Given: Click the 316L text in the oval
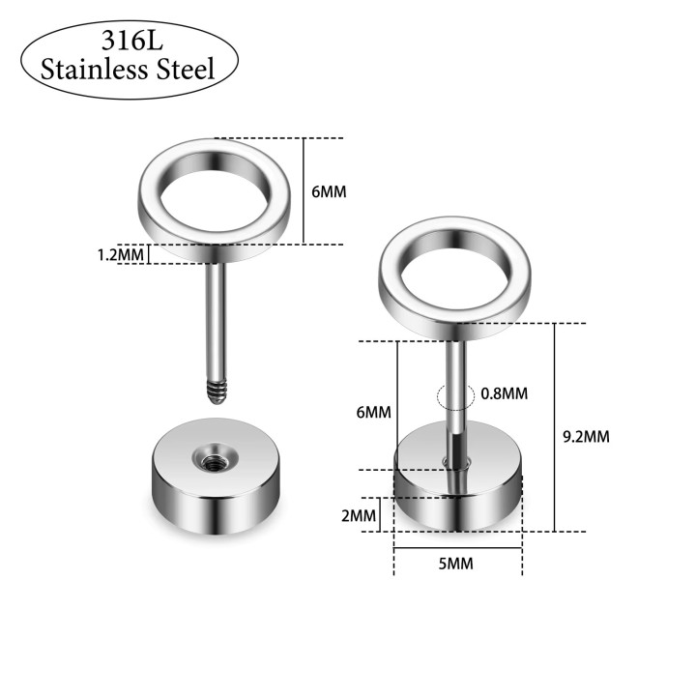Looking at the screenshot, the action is coord(132,41).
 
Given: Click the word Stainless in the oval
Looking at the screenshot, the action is coord(94,69).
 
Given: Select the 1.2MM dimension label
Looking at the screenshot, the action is coord(120,255).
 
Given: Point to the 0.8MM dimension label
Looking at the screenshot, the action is coord(505,393).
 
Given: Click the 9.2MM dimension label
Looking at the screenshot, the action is coord(586,437).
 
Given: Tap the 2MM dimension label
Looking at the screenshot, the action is coord(359,515).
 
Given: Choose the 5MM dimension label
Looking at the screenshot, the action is coord(456,564).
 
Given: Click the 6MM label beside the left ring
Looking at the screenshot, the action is coord(329,191).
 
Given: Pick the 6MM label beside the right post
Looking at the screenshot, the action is coord(374,413).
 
